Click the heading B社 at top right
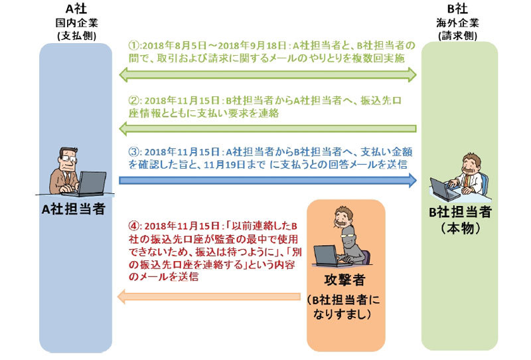pos(459,10)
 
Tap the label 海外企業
pos(459,23)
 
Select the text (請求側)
pos(459,35)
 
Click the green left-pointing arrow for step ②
pos(267,128)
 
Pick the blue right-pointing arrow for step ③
pos(267,179)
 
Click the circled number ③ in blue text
pos(133,150)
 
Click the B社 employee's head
pos(470,163)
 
